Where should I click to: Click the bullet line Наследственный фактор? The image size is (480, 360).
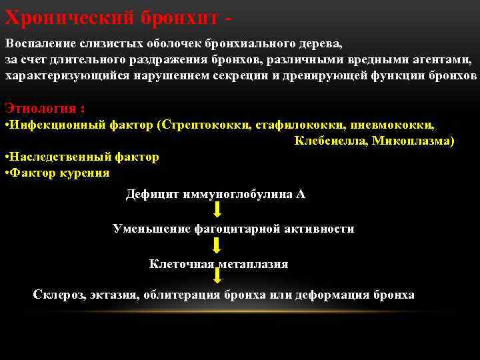83,157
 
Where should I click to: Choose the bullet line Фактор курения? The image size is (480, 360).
58,173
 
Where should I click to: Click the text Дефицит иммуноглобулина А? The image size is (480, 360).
215,195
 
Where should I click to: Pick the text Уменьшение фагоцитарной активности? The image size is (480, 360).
233,229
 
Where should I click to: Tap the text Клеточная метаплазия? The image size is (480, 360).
219,264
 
